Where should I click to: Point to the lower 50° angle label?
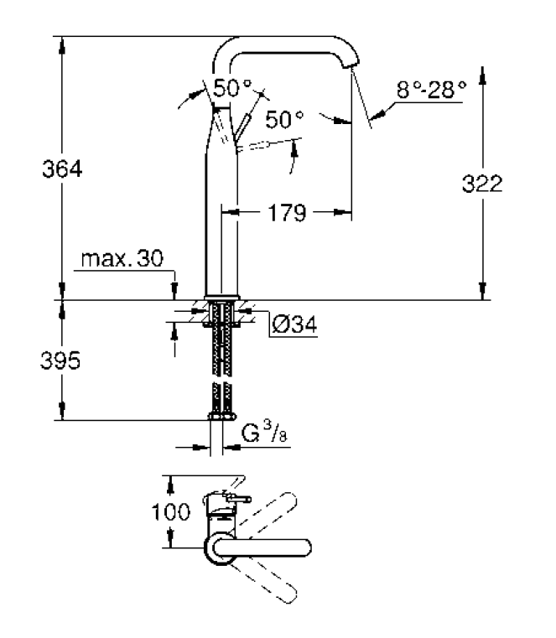pyautogui.click(x=284, y=119)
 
